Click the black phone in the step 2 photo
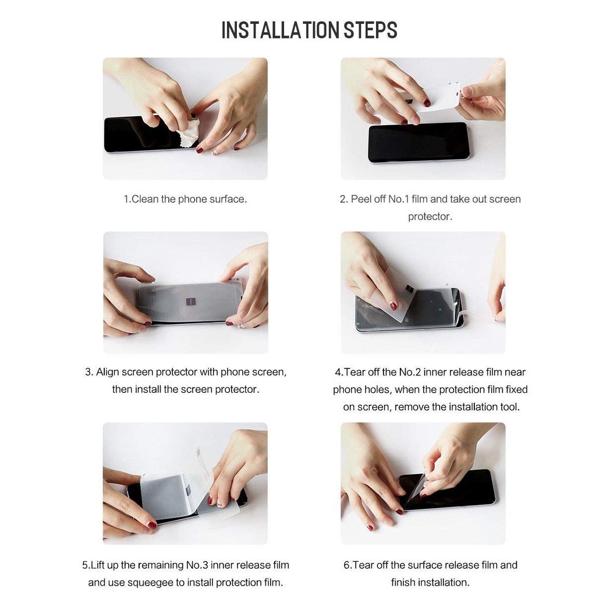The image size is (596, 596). tap(418, 143)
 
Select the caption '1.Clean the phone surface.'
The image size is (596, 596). tap(185, 199)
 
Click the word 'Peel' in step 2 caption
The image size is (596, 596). tap(361, 199)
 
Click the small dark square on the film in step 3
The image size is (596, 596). tap(190, 301)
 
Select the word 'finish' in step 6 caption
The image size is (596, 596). tap(404, 582)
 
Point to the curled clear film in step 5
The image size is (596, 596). tap(198, 471)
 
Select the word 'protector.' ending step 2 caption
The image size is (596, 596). tap(430, 217)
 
